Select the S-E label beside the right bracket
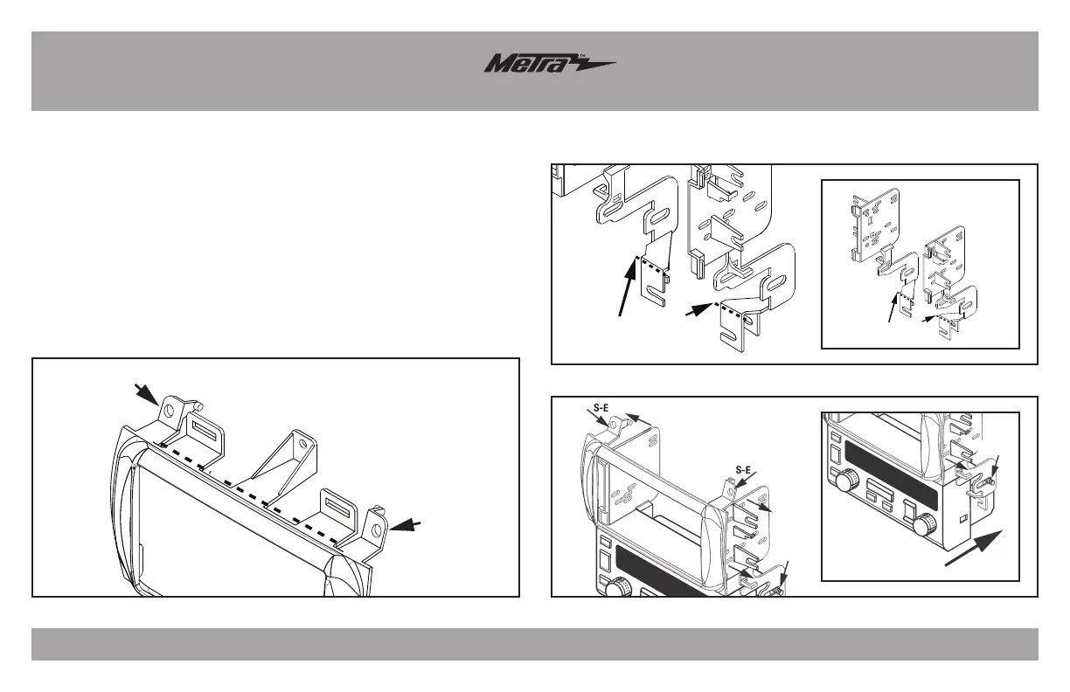coord(744,469)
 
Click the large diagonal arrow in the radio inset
coord(974,549)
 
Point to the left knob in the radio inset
coord(847,481)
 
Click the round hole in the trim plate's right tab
coord(376,530)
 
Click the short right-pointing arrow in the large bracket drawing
coord(702,310)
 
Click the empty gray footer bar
coord(535,644)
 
